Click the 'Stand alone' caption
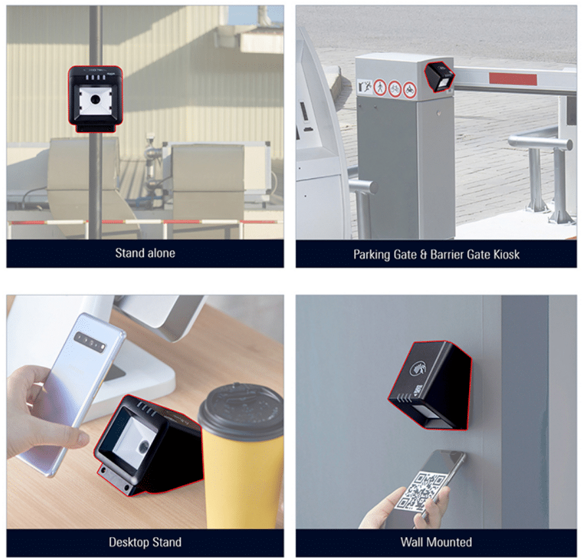click(x=145, y=253)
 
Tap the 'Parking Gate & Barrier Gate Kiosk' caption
click(x=436, y=254)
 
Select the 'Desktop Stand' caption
click(x=145, y=542)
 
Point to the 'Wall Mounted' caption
click(x=436, y=542)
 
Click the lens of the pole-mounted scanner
click(x=95, y=99)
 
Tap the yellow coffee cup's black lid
click(x=241, y=408)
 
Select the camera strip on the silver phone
click(x=90, y=342)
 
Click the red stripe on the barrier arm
click(x=512, y=79)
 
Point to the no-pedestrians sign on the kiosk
click(x=380, y=87)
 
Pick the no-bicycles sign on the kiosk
click(x=395, y=89)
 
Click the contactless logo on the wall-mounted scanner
click(x=418, y=367)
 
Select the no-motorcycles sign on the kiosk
click(x=409, y=90)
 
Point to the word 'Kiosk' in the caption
click(x=507, y=254)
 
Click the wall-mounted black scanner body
click(x=430, y=385)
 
